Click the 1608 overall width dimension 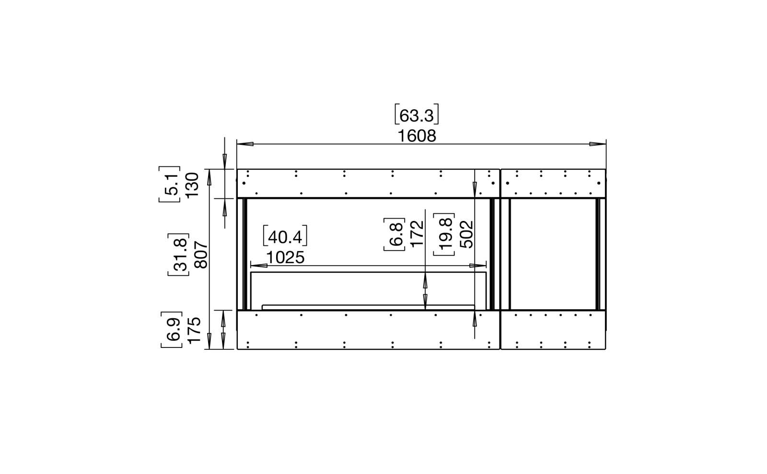[417, 136]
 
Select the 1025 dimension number [285, 257]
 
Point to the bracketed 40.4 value [285, 236]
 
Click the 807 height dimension [201, 254]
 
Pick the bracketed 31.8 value [178, 254]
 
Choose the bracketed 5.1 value [170, 185]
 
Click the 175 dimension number [194, 330]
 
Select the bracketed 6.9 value [172, 330]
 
